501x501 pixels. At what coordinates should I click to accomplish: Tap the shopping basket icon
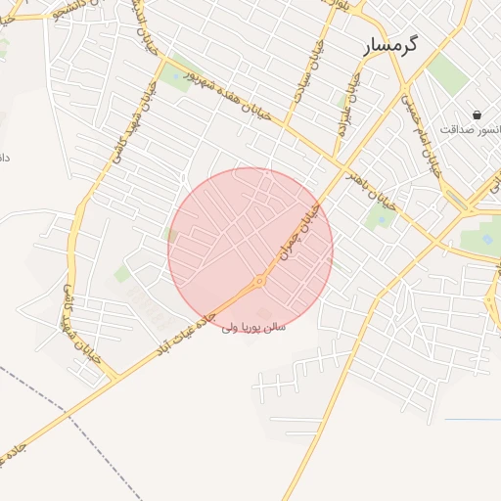pos(477,114)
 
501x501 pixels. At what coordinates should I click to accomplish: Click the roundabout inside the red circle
pos(259,282)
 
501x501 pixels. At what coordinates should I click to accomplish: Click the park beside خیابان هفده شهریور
pos(177,76)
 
